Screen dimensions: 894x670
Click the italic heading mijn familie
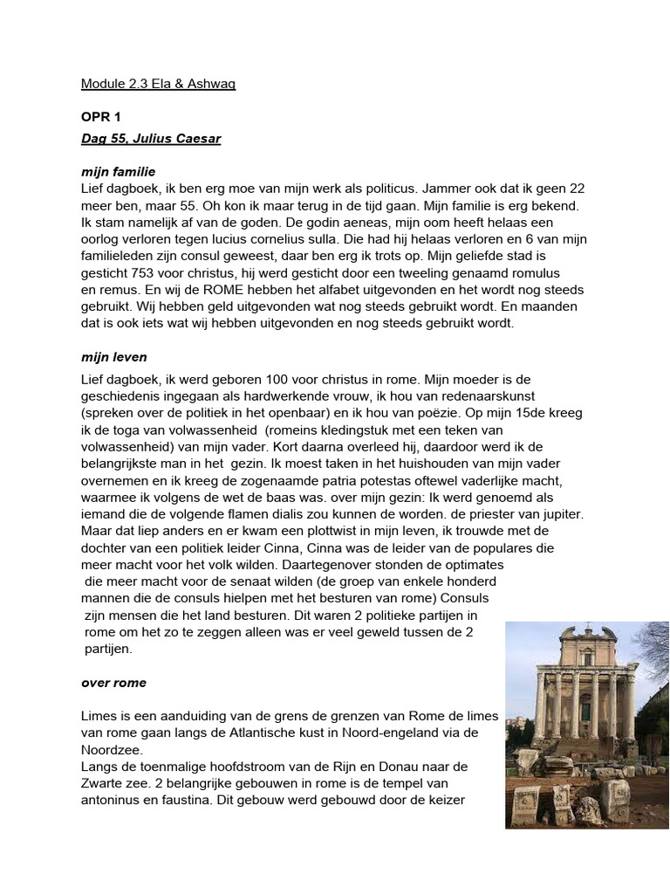pos(118,172)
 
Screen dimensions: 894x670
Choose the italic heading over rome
pos(113,682)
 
